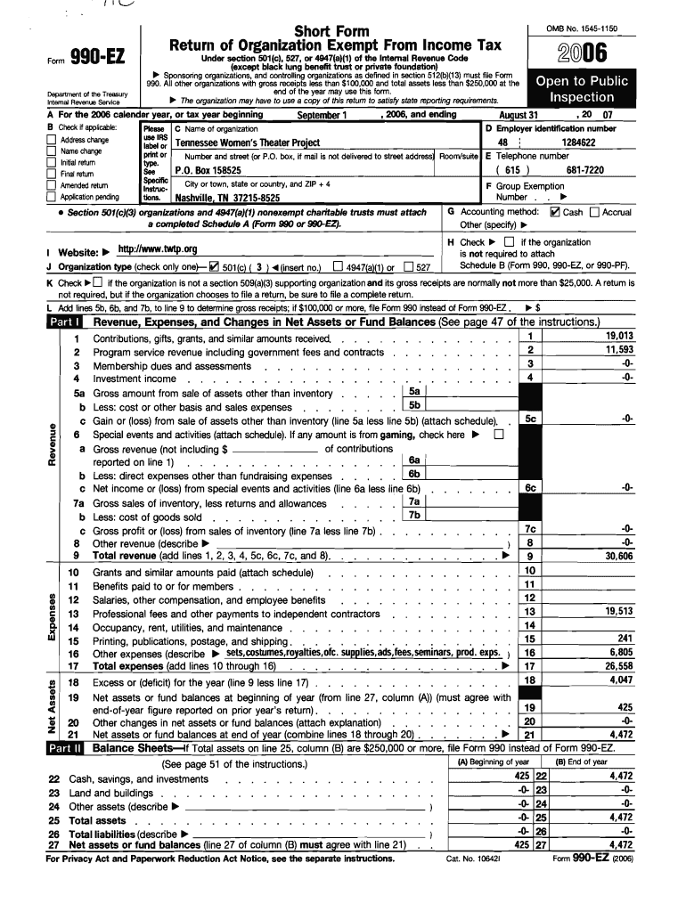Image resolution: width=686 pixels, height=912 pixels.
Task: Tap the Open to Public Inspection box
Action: point(581,89)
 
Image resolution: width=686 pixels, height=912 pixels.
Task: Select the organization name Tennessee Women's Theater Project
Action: point(247,142)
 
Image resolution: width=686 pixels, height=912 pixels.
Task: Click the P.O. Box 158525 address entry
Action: point(207,169)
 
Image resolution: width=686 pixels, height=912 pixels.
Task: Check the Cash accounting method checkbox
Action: point(555,213)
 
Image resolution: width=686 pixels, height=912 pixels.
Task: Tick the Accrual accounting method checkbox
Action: point(593,213)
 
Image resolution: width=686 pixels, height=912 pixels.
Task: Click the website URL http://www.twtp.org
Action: point(151,251)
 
